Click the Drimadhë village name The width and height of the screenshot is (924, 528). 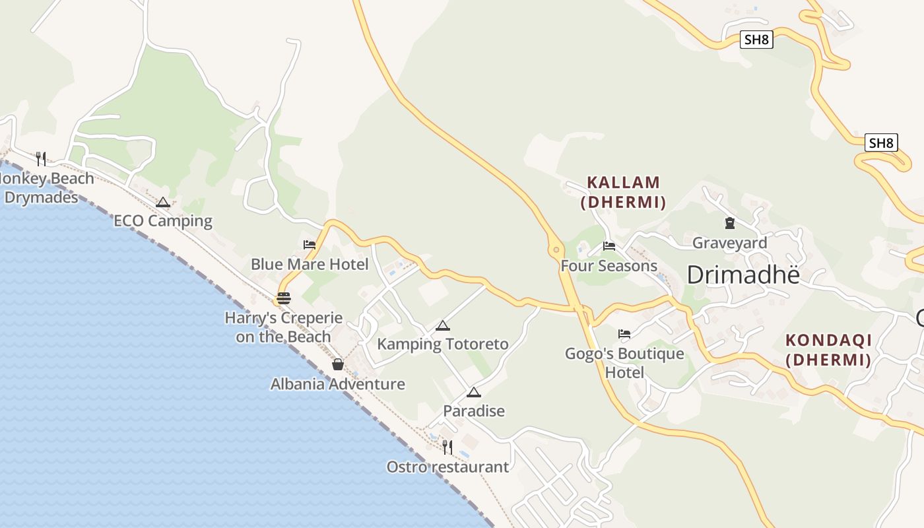pyautogui.click(x=743, y=275)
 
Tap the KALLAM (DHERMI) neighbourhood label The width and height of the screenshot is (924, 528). pyautogui.click(x=624, y=192)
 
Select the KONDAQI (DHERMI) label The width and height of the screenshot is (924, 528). pyautogui.click(x=828, y=350)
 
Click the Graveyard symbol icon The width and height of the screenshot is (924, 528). pyautogui.click(x=729, y=223)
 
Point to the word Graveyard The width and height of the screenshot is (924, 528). pyautogui.click(x=729, y=243)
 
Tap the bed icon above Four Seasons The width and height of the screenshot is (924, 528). pyautogui.click(x=609, y=246)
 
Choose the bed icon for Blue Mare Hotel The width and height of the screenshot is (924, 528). pyautogui.click(x=310, y=245)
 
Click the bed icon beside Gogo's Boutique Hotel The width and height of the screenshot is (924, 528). pyautogui.click(x=624, y=333)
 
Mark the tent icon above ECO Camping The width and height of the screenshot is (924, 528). pyautogui.click(x=163, y=202)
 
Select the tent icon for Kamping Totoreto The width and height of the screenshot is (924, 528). pyautogui.click(x=442, y=325)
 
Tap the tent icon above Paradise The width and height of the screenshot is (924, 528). pyautogui.click(x=473, y=392)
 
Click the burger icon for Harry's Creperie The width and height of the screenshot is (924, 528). pyautogui.click(x=284, y=298)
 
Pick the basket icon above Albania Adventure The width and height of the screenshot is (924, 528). pyautogui.click(x=338, y=364)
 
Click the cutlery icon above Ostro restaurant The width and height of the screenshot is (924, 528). pyautogui.click(x=447, y=447)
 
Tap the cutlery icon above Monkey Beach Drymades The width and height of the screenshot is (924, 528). pyautogui.click(x=41, y=158)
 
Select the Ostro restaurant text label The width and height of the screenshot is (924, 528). pyautogui.click(x=447, y=467)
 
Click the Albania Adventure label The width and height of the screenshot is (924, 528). pyautogui.click(x=338, y=384)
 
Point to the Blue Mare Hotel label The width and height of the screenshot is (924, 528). pyautogui.click(x=310, y=265)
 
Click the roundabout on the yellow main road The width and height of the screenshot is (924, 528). pyautogui.click(x=556, y=249)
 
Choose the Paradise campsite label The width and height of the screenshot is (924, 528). pyautogui.click(x=474, y=411)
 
